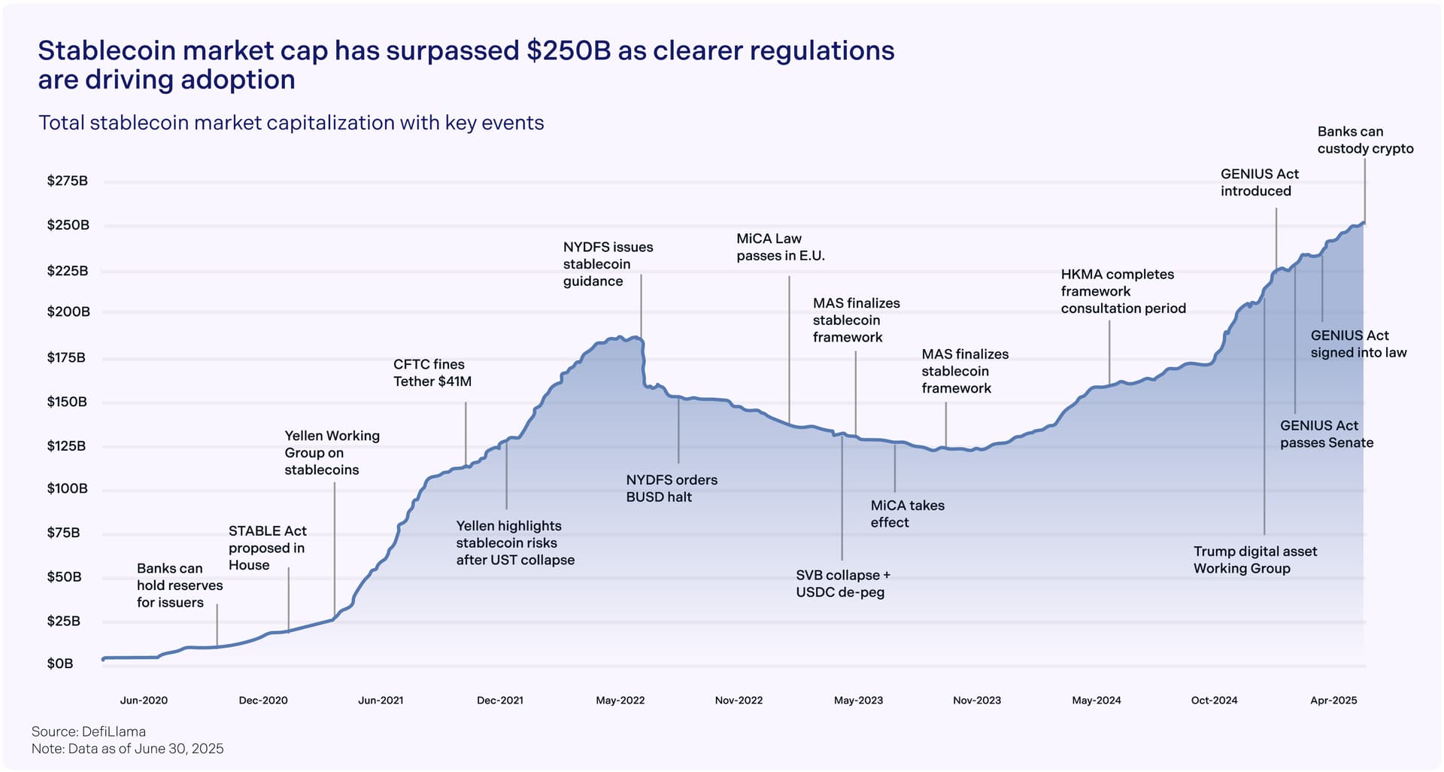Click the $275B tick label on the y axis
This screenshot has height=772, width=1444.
pyautogui.click(x=67, y=181)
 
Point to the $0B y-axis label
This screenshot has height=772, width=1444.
pyautogui.click(x=60, y=664)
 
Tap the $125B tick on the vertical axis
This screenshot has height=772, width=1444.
pyautogui.click(x=66, y=445)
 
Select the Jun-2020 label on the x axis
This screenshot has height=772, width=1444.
pyautogui.click(x=144, y=701)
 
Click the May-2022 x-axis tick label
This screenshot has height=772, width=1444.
pyautogui.click(x=620, y=701)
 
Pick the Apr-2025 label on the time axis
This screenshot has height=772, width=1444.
pyautogui.click(x=1333, y=701)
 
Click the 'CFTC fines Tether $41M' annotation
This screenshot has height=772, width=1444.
pyautogui.click(x=432, y=373)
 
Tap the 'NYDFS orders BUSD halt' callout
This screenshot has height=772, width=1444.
pyautogui.click(x=672, y=488)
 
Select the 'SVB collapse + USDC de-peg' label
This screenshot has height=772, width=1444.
pyautogui.click(x=843, y=584)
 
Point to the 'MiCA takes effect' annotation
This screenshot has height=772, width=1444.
pyautogui.click(x=907, y=514)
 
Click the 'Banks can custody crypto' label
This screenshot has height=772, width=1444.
pyautogui.click(x=1365, y=140)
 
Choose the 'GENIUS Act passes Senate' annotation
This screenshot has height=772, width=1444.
pyautogui.click(x=1327, y=434)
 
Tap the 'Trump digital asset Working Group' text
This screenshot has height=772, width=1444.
pyautogui.click(x=1255, y=560)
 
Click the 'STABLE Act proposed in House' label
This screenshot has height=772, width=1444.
pyautogui.click(x=267, y=548)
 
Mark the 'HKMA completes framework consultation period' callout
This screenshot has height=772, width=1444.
pyautogui.click(x=1123, y=291)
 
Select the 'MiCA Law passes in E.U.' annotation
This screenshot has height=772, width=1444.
pyautogui.click(x=780, y=248)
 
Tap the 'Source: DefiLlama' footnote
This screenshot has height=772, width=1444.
pyautogui.click(x=89, y=731)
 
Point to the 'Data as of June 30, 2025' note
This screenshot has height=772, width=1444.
pyautogui.click(x=145, y=749)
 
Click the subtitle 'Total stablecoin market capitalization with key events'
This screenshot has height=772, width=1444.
pyautogui.click(x=291, y=123)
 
